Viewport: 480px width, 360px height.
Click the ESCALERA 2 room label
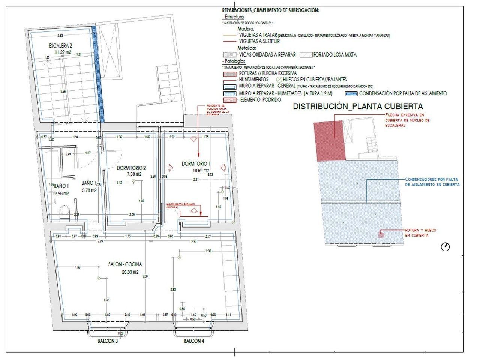point(60,46)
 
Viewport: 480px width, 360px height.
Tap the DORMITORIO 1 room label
point(196,164)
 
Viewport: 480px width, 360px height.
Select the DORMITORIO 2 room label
point(131,168)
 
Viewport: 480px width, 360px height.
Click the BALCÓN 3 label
point(108,342)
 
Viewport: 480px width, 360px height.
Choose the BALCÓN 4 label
point(194,342)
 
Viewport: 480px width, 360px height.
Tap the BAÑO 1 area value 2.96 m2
point(61,194)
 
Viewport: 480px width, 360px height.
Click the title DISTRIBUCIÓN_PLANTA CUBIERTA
point(358,106)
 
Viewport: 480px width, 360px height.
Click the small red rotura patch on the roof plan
point(381,235)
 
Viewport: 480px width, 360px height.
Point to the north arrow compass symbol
point(445,246)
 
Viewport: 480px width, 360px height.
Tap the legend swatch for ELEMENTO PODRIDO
point(229,100)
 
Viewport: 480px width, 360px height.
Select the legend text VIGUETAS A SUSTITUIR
point(259,41)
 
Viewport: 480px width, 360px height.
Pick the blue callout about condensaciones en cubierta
point(432,182)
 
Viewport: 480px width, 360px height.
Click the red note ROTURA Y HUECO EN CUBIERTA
point(420,232)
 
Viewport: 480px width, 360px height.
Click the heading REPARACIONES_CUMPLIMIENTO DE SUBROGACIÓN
point(270,10)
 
